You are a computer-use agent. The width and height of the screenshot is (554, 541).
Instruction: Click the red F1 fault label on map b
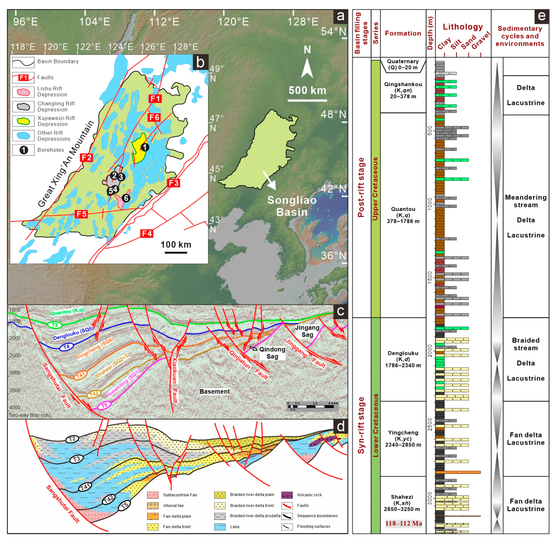(155, 99)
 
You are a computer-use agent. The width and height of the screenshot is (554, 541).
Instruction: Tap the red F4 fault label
(147, 234)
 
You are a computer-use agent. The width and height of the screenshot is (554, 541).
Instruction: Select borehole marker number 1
(145, 147)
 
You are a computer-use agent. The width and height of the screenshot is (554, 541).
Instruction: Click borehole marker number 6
(126, 198)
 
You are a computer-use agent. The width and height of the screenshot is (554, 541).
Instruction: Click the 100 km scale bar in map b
(176, 252)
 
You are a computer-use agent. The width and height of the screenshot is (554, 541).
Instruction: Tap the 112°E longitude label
(164, 22)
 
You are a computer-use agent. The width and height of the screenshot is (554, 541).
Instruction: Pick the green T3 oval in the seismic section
(54, 325)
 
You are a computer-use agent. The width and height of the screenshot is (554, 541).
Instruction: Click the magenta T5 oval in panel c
(104, 405)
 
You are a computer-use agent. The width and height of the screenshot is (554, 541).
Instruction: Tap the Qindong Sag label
(272, 353)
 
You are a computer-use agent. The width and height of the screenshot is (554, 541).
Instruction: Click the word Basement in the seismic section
(214, 392)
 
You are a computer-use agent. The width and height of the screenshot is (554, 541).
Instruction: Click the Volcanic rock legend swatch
(287, 495)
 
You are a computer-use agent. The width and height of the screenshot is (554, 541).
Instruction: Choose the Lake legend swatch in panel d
(220, 527)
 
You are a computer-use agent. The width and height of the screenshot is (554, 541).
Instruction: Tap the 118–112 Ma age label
(403, 523)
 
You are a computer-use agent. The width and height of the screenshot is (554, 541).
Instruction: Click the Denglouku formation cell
(403, 359)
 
